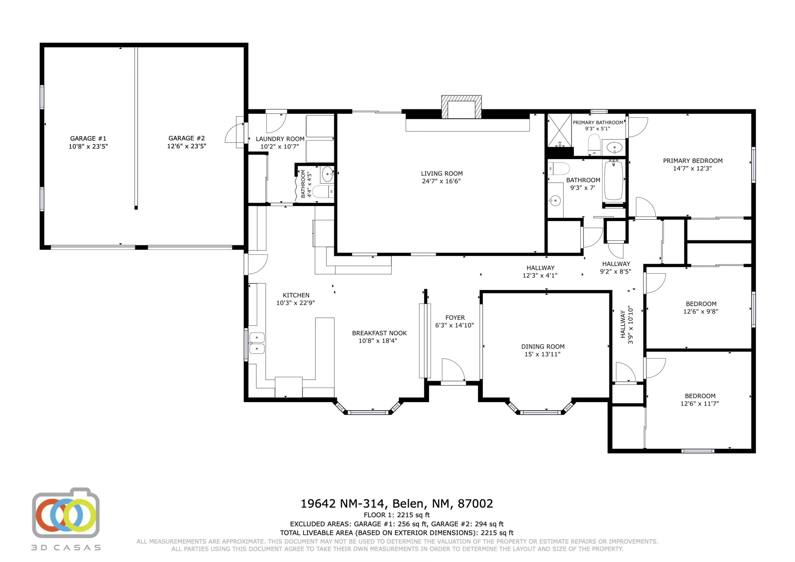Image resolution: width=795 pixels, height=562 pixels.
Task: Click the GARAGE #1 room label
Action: tap(88, 138)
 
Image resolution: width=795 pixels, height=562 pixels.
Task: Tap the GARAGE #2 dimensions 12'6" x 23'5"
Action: tap(187, 146)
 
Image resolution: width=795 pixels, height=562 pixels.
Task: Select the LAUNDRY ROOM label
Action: tap(280, 139)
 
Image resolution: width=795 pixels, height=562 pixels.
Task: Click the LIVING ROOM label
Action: tap(441, 173)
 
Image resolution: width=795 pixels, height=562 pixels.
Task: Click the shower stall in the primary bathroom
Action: tap(559, 130)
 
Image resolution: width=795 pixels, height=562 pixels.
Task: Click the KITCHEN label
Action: tap(296, 295)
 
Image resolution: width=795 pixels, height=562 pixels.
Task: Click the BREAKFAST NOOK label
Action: tap(379, 333)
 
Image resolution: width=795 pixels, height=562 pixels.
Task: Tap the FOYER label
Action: tap(455, 318)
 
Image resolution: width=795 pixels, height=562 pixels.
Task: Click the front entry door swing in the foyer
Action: tap(453, 370)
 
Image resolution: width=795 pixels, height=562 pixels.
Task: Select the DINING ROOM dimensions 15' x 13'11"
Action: tap(542, 354)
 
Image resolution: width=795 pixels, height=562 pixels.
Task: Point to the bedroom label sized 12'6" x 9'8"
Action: tap(701, 304)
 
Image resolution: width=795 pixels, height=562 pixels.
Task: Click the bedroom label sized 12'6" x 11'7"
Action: tap(700, 396)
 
